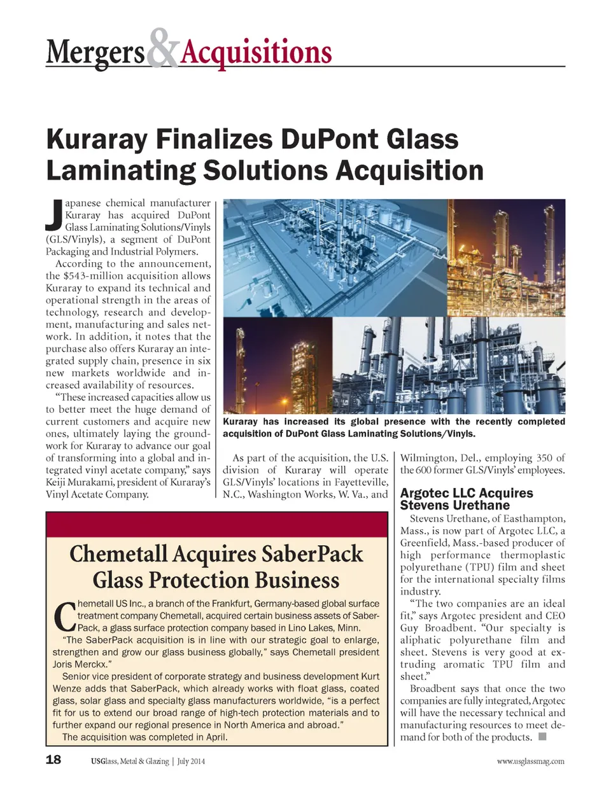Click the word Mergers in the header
[x=95, y=53]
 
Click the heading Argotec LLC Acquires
[x=467, y=493]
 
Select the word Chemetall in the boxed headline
[x=118, y=554]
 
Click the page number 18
[x=53, y=760]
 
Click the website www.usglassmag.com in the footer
[x=530, y=761]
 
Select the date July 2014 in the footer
[x=191, y=761]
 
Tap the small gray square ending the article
[x=543, y=737]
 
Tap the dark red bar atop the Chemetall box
[x=216, y=525]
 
